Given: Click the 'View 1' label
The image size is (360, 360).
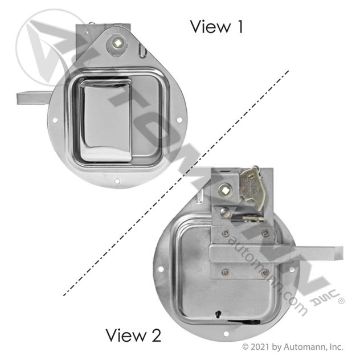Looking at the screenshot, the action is pyautogui.click(x=216, y=27).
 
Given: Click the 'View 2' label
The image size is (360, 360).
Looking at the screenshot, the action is pyautogui.click(x=134, y=336).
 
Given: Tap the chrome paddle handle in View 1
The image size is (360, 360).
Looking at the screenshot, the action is pyautogui.click(x=106, y=120).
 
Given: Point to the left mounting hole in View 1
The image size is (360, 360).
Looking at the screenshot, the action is pyautogui.click(x=55, y=120).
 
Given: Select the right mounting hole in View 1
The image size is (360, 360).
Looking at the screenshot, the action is pyautogui.click(x=179, y=120).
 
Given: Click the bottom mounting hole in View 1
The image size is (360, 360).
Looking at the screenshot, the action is pyautogui.click(x=117, y=181).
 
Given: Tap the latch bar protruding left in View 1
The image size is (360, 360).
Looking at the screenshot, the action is pyautogui.click(x=34, y=98).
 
